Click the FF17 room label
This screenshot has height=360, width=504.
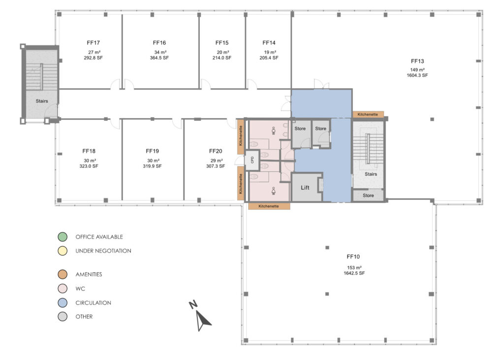point(94,43)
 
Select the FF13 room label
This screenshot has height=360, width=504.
point(418,61)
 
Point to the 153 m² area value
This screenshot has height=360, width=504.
point(354,267)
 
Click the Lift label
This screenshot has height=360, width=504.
point(306,188)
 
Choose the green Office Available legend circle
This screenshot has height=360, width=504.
point(62,237)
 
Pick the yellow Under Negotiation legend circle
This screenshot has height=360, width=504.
point(62,251)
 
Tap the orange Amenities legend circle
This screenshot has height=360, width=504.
point(62,274)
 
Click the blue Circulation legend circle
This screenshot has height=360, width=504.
point(62,303)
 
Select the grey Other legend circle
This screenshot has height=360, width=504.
point(62,317)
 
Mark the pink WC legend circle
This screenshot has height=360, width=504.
point(62,289)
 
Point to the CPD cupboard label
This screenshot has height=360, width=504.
point(252,160)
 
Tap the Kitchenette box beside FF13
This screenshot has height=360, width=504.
point(368,114)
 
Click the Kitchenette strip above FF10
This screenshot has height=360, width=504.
point(269,206)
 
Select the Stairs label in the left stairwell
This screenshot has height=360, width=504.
point(42,101)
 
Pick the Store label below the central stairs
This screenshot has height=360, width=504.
point(368,196)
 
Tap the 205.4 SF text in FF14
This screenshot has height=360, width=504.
point(269,58)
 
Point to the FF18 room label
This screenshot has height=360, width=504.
point(89,151)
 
